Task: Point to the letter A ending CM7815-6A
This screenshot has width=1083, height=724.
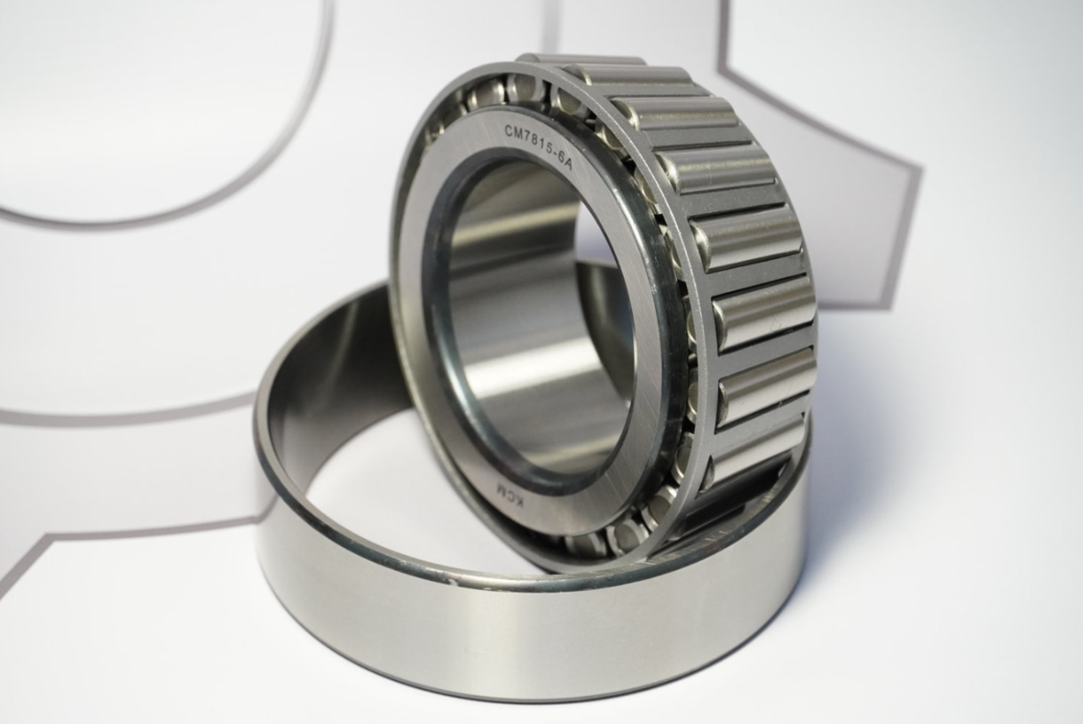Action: point(568,164)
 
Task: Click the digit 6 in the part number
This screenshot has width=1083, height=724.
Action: point(560,160)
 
